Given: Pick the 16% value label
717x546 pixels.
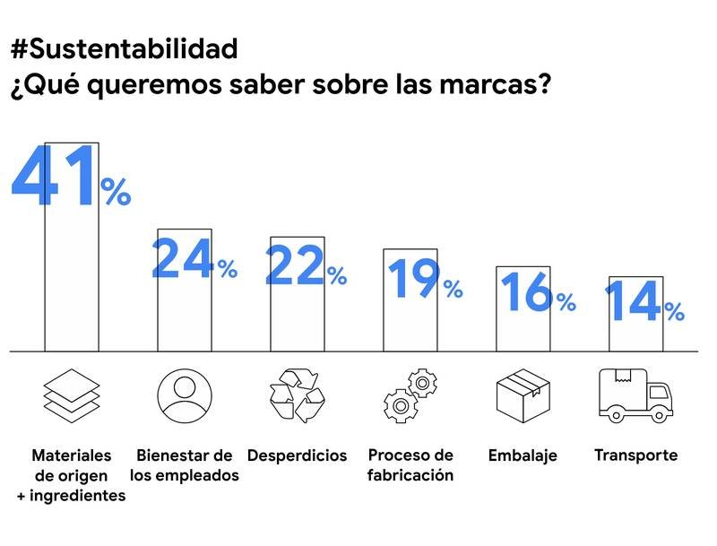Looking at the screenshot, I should [536, 291].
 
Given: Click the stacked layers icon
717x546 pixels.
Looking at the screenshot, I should [72, 395].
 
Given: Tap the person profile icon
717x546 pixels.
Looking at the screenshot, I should [185, 394].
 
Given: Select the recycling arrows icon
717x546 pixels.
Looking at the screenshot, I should [297, 395].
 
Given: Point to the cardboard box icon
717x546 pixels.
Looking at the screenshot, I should [523, 394].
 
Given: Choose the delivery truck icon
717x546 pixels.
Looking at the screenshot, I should [635, 395].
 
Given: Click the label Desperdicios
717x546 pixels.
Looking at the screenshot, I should [297, 455].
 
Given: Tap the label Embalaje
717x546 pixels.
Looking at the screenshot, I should [523, 455].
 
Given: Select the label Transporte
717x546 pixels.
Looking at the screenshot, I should [635, 455].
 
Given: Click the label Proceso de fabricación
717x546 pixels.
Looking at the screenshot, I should [410, 464].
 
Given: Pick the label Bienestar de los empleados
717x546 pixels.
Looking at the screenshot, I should [185, 465].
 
